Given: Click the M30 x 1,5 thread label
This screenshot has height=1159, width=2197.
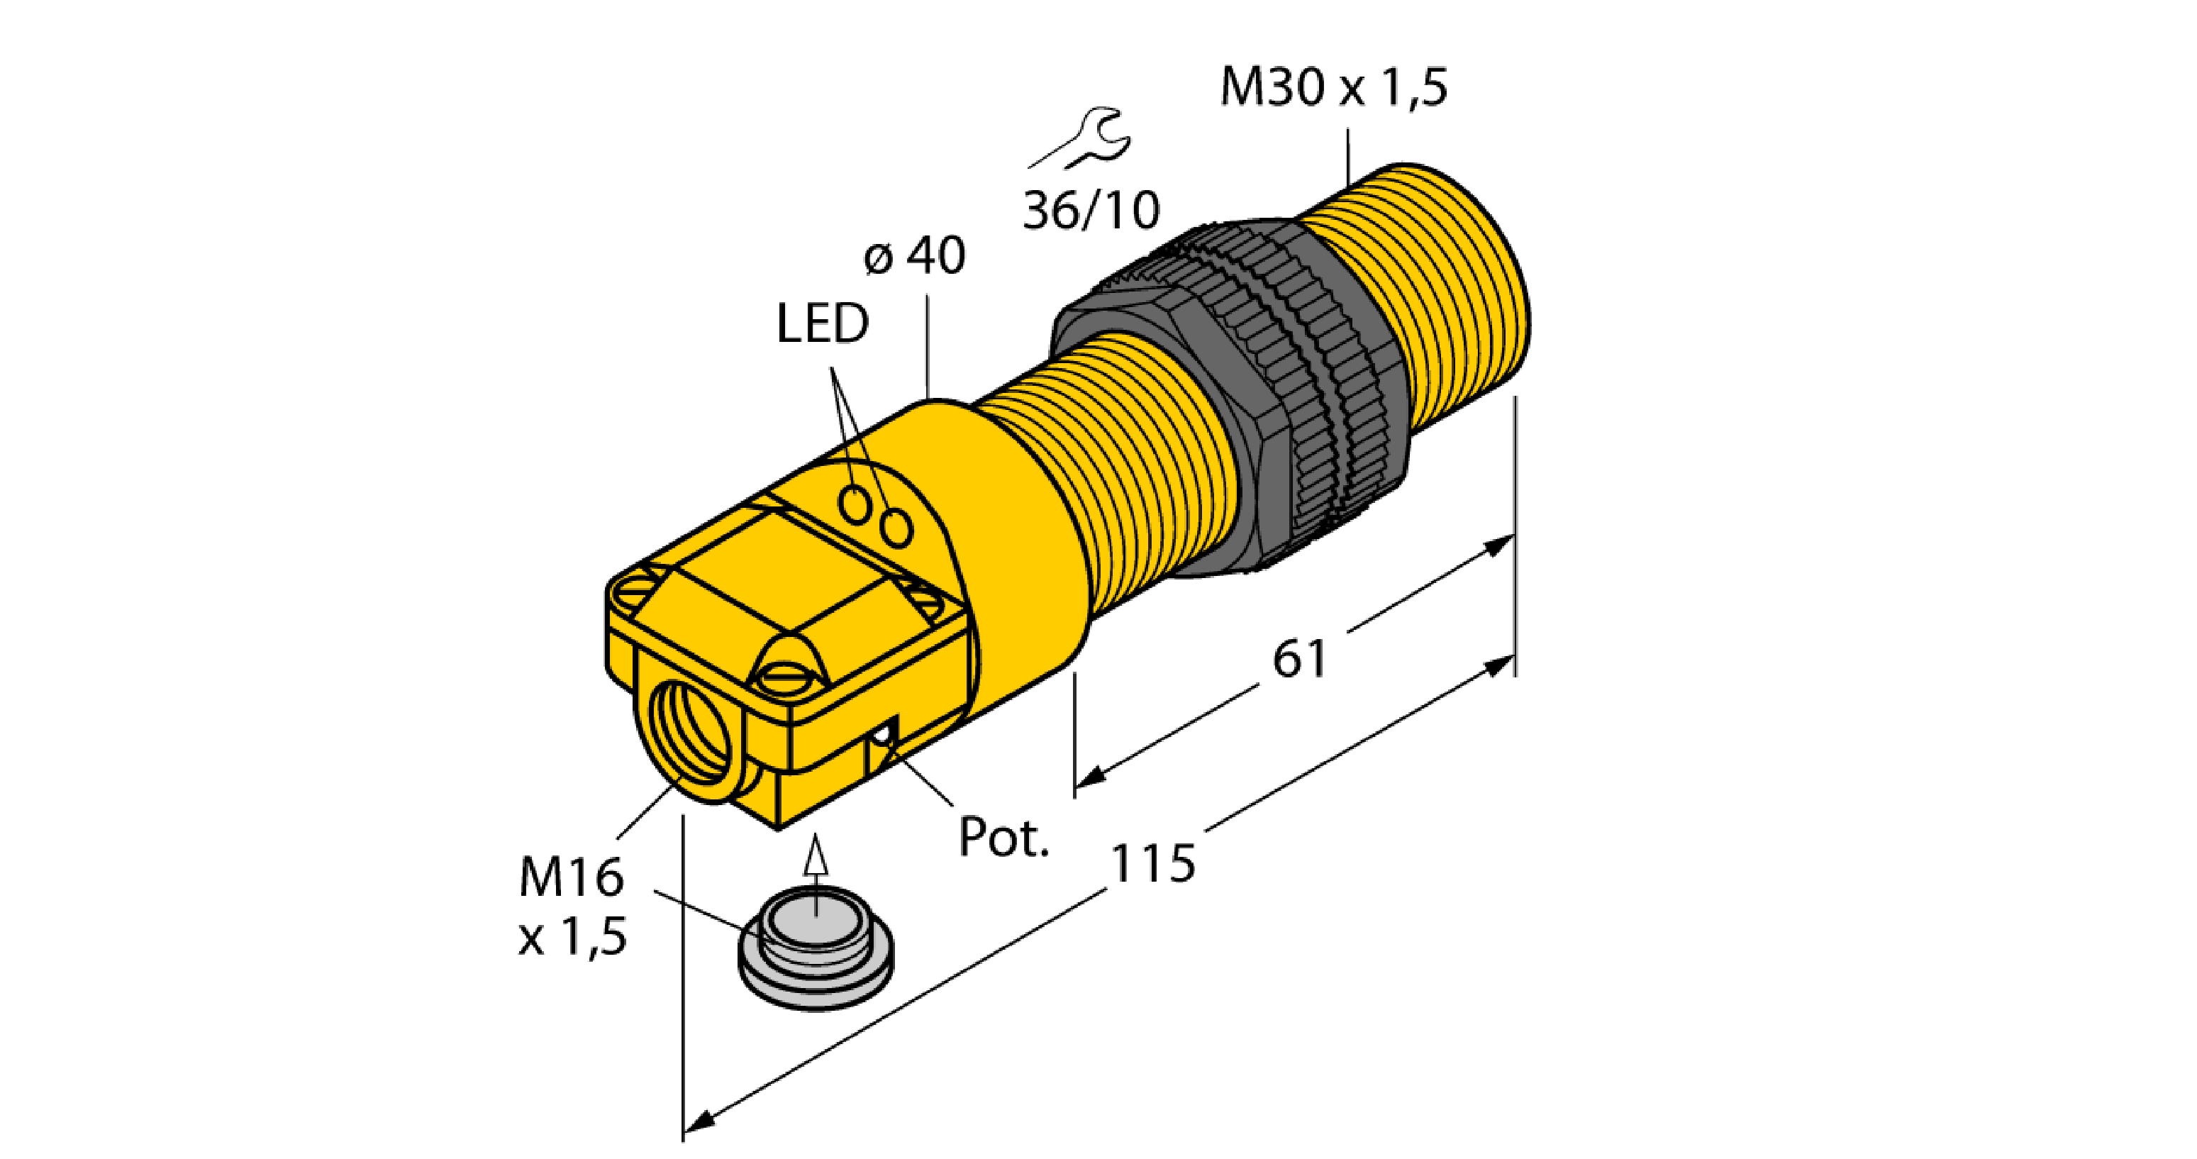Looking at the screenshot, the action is click(1334, 87).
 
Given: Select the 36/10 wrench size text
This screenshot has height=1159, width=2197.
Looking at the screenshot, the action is click(1091, 211).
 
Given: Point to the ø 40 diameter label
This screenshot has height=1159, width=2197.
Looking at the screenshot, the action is click(914, 255).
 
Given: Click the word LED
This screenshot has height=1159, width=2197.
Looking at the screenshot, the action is click(822, 323).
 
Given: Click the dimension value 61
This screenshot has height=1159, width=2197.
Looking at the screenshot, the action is click(1300, 659).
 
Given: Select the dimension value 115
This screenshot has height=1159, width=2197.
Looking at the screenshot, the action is click(1153, 863).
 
